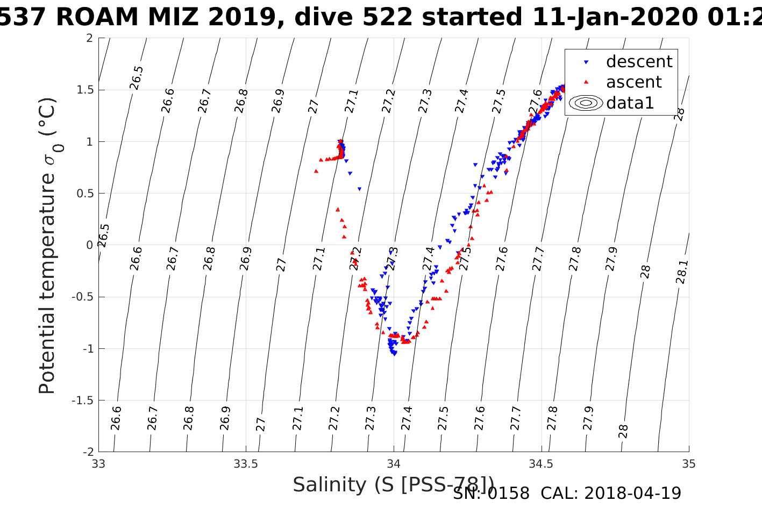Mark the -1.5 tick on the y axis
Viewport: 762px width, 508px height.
[82, 400]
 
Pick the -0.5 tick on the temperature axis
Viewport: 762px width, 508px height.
[82, 297]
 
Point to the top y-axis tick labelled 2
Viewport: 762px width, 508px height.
[89, 38]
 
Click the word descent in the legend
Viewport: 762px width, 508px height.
[639, 62]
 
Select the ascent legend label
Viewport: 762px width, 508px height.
[633, 82]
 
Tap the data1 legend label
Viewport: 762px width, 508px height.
[630, 103]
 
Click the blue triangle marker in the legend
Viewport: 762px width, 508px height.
[586, 62]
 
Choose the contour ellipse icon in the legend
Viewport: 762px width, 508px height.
[586, 103]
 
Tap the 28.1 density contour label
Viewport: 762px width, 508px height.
[681, 272]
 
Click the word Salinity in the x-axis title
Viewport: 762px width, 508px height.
[330, 485]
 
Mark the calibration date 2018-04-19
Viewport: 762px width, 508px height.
[632, 493]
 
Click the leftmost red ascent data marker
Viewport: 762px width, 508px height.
[316, 171]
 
